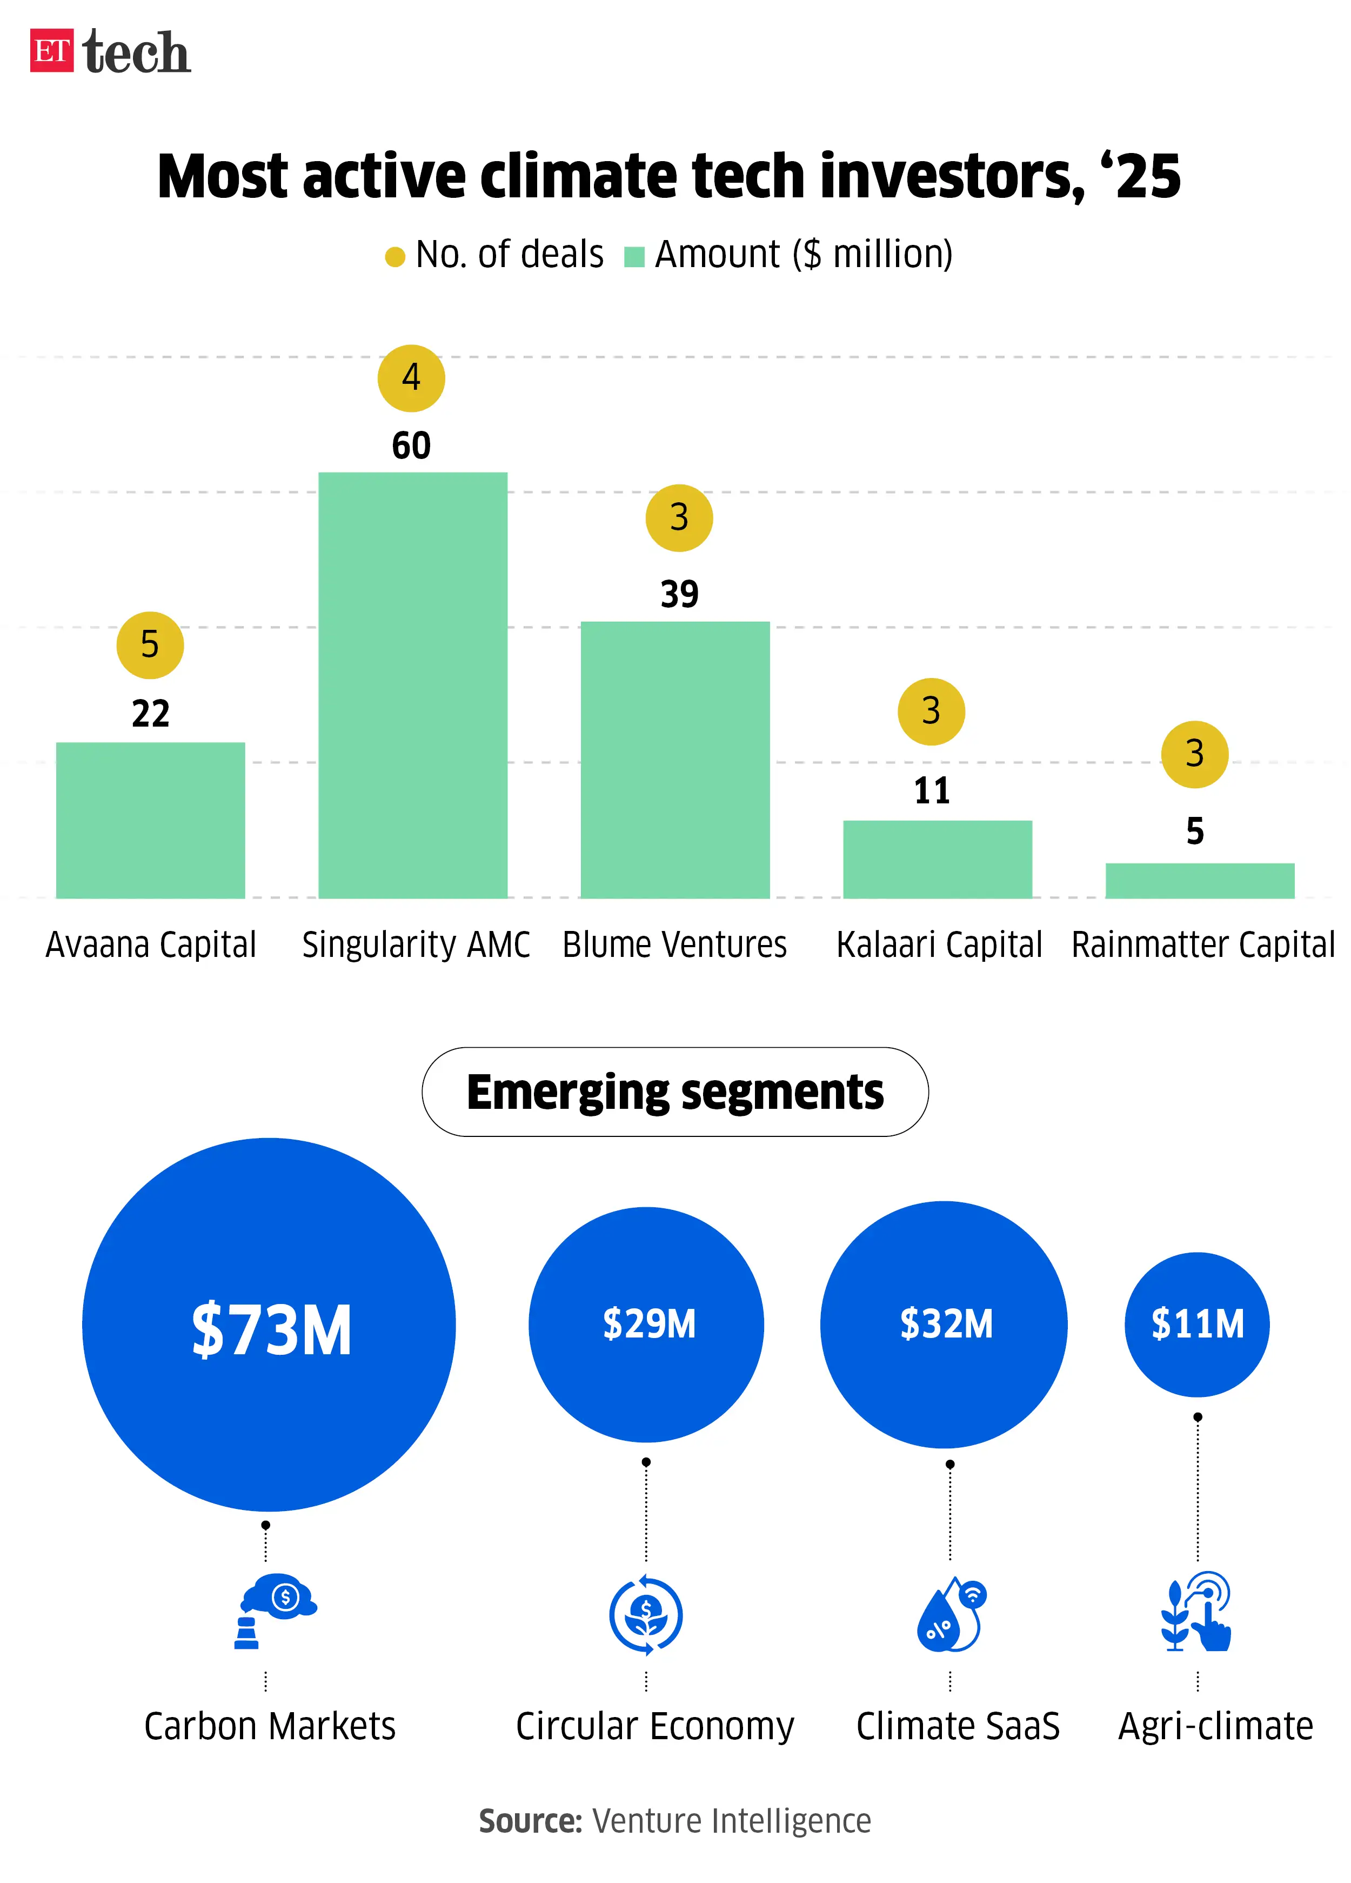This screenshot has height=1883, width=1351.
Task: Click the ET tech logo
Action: pos(110,51)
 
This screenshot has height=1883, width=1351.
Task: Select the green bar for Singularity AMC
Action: pos(412,685)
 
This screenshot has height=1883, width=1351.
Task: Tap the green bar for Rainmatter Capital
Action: pos(1199,881)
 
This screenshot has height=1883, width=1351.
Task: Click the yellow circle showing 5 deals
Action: pos(150,645)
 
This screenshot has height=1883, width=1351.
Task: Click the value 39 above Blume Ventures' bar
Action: pos(679,595)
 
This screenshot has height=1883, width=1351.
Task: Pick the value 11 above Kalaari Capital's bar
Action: pos(931,790)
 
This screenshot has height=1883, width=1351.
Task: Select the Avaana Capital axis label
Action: pos(151,945)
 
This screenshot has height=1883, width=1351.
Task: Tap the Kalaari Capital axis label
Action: pos(939,945)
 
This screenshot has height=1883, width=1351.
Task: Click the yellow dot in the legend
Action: pos(395,257)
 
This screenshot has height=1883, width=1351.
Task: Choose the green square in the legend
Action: pos(634,257)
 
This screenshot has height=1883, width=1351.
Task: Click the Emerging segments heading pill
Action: pos(674,1092)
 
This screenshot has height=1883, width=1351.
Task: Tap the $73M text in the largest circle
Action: pos(271,1330)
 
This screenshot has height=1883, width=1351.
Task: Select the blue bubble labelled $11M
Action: pos(1196,1324)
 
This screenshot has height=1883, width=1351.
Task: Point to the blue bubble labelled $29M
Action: pos(646,1324)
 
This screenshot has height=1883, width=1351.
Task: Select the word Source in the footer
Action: pos(530,1821)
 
